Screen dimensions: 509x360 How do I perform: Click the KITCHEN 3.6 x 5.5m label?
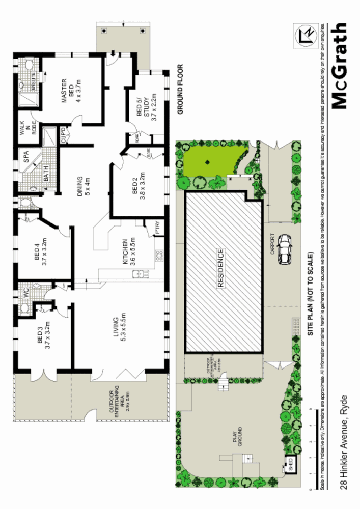click(127, 253)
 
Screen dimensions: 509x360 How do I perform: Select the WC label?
click(25, 294)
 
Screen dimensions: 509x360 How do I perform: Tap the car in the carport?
click(284, 250)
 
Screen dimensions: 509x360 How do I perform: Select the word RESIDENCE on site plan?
click(221, 268)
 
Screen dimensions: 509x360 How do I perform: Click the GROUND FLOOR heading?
click(179, 89)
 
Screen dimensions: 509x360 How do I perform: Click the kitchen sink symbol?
click(139, 275)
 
